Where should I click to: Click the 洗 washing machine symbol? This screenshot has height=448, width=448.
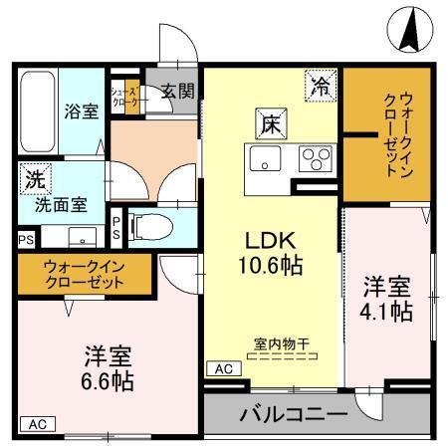pyautogui.click(x=35, y=181)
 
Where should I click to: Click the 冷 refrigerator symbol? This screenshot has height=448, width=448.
pyautogui.click(x=320, y=86)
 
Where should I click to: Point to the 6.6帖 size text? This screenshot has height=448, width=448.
pyautogui.click(x=109, y=379)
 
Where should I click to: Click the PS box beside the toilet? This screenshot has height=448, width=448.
pyautogui.click(x=117, y=227)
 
